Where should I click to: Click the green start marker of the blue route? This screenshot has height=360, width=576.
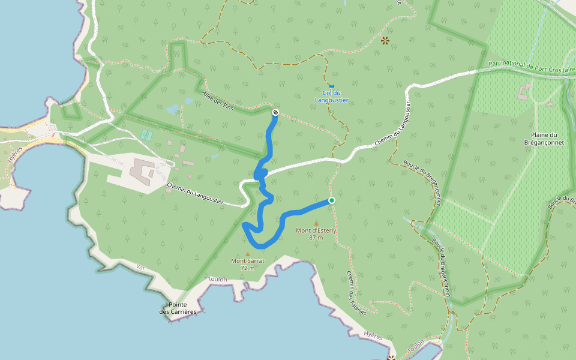331,200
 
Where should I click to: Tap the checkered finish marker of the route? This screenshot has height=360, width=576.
275,112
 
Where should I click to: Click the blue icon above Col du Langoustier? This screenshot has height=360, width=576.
331,86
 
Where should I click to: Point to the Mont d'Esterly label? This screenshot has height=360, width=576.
316,230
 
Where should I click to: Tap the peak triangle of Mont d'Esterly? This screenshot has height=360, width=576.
316,223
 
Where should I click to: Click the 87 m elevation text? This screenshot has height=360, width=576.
316,238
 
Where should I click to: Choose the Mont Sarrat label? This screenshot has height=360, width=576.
248,261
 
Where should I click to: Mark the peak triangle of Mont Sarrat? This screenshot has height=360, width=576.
247,254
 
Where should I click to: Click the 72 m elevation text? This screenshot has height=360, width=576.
248,268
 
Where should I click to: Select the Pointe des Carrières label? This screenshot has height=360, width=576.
178,308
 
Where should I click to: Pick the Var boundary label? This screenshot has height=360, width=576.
141,266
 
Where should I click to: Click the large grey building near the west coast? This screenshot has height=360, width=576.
142,172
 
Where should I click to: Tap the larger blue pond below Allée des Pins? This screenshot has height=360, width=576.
173,109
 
